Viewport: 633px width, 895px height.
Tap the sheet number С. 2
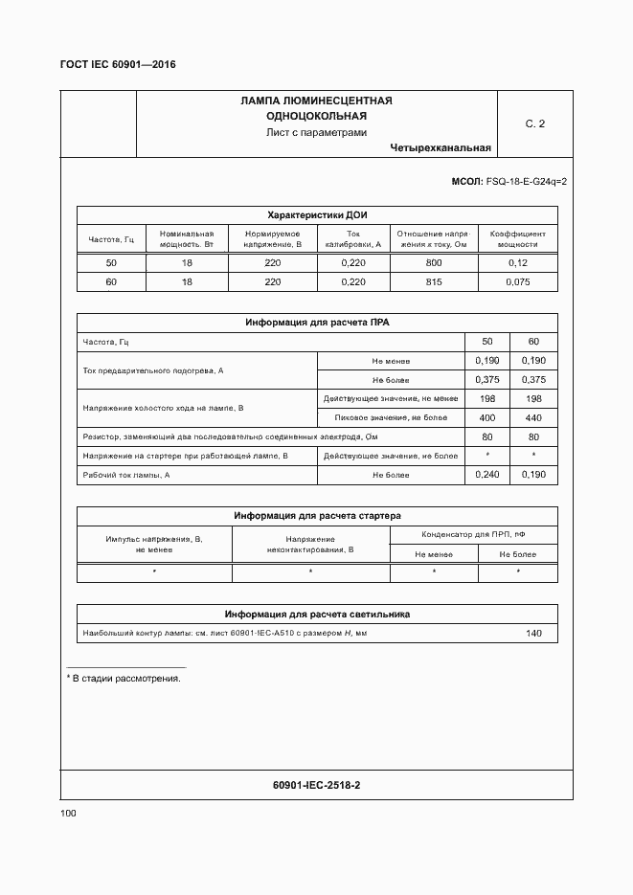534,123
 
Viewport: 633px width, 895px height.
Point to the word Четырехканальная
441,147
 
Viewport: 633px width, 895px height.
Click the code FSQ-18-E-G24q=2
527,181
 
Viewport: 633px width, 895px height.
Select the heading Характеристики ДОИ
316,215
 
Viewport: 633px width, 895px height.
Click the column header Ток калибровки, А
353,238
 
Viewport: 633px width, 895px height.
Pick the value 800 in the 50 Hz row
434,263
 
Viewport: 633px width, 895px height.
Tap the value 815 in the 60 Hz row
434,282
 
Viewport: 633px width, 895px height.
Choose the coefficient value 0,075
517,282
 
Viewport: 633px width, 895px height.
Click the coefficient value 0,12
517,263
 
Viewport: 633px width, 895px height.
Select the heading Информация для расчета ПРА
316,323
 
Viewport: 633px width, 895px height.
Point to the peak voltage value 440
533,418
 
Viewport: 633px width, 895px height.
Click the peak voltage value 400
486,418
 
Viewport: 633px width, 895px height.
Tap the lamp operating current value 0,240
486,475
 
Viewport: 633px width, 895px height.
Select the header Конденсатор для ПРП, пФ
473,535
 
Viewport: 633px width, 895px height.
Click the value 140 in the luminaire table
533,634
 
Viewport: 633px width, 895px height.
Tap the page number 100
68,813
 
